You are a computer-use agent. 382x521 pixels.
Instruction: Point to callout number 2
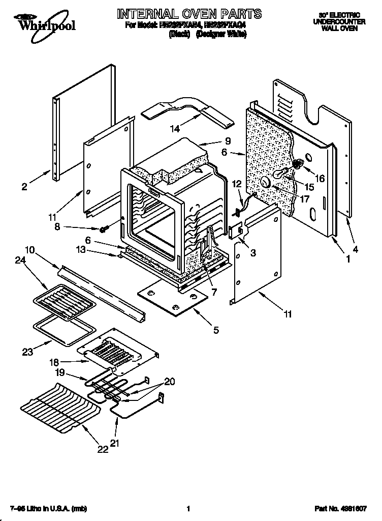click(24, 187)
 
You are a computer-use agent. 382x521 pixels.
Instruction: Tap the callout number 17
click(304, 199)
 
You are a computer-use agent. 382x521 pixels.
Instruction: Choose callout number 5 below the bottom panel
click(216, 330)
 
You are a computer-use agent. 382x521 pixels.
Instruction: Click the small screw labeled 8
click(104, 229)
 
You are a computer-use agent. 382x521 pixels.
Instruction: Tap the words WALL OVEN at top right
click(339, 29)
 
